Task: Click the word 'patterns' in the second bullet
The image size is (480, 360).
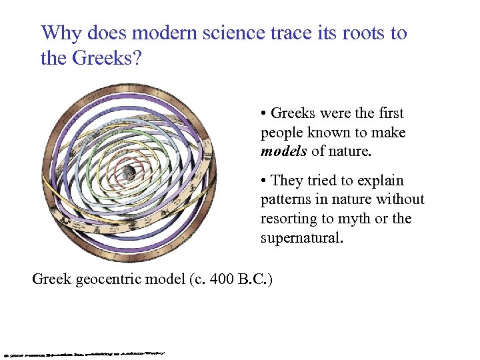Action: click(x=287, y=199)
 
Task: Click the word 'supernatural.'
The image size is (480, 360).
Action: click(x=302, y=238)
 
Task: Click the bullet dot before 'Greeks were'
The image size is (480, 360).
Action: click(x=265, y=114)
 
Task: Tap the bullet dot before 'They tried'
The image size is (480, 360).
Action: click(x=265, y=181)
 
